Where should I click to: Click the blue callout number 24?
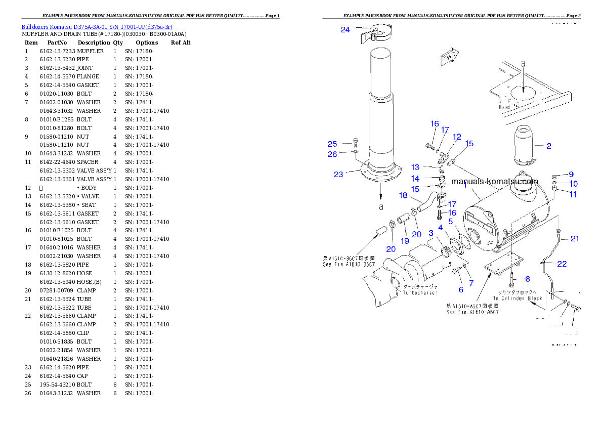(345, 30)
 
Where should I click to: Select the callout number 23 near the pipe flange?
(338, 175)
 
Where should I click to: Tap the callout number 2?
(548, 146)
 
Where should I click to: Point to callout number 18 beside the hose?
(403, 195)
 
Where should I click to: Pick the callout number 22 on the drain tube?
(562, 264)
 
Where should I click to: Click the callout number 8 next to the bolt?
(527, 279)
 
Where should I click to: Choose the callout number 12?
(457, 137)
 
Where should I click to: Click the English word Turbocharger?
(419, 293)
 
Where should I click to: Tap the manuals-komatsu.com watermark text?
(495, 182)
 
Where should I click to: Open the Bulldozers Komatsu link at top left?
(97, 27)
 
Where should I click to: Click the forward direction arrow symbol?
(449, 57)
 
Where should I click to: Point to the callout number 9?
(571, 175)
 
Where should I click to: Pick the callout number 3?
(431, 233)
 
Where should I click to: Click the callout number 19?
(405, 241)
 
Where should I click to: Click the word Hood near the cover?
(504, 107)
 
